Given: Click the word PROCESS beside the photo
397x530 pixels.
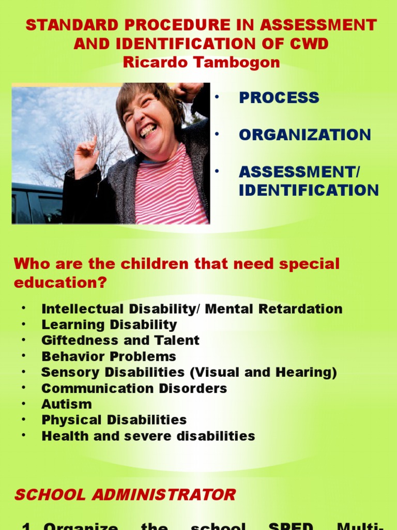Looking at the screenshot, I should pyautogui.click(x=279, y=98).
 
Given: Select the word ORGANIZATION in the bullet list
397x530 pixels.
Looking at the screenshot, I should pyautogui.click(x=304, y=135).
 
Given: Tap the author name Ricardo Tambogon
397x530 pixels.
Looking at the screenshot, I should pyautogui.click(x=201, y=63).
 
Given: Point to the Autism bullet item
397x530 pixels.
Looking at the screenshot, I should pyautogui.click(x=67, y=404).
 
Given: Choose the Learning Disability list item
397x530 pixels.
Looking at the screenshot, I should pyautogui.click(x=109, y=325).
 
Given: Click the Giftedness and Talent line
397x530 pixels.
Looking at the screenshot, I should pyautogui.click(x=120, y=341).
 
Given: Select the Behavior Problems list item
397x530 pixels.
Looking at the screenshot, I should pyautogui.click(x=109, y=357).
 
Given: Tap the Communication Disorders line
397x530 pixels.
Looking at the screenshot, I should pyautogui.click(x=134, y=388).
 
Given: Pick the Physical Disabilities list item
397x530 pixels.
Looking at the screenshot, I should pyautogui.click(x=114, y=420).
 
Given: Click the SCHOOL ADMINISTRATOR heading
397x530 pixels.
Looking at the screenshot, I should pyautogui.click(x=125, y=494).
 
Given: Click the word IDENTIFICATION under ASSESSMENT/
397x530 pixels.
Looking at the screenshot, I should pyautogui.click(x=309, y=190).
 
